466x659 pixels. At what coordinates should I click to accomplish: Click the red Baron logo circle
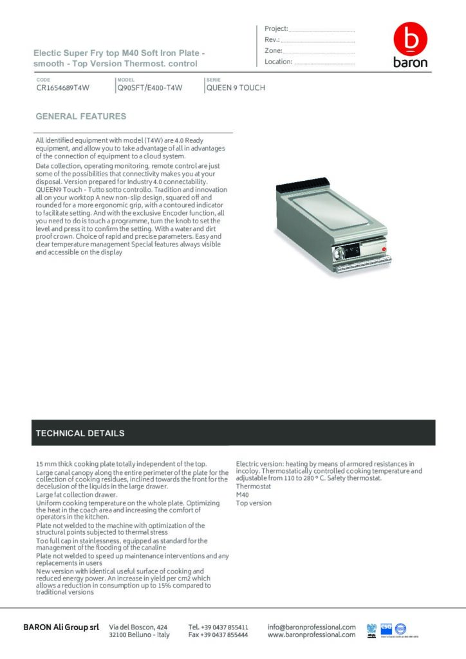click(410, 40)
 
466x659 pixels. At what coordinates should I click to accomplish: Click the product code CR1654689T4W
click(62, 88)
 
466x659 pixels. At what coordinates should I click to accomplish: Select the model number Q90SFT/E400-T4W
click(149, 88)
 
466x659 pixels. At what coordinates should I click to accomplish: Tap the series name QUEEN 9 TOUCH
click(236, 88)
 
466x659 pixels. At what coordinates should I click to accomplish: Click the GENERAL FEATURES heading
click(80, 116)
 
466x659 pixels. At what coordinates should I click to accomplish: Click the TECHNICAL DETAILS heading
click(80, 433)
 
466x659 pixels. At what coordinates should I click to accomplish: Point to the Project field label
click(276, 29)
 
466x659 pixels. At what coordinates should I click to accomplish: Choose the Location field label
click(279, 62)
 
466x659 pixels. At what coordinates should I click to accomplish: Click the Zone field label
click(273, 51)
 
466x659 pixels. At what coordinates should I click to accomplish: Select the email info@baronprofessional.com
click(312, 626)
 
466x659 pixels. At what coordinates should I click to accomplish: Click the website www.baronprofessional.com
click(312, 635)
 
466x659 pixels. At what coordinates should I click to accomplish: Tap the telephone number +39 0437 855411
click(218, 626)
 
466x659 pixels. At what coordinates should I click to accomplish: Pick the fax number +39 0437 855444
click(218, 635)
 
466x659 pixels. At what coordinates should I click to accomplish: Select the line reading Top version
click(254, 503)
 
